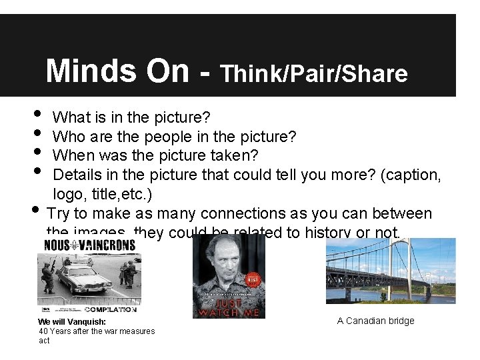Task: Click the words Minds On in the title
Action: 117,71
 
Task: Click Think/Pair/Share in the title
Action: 313,73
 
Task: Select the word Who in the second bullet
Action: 65,137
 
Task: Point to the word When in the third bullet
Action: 69,155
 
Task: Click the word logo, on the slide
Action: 67,194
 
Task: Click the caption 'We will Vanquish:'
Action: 71,322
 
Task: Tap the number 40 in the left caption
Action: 43,331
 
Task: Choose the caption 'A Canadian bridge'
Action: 375,321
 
